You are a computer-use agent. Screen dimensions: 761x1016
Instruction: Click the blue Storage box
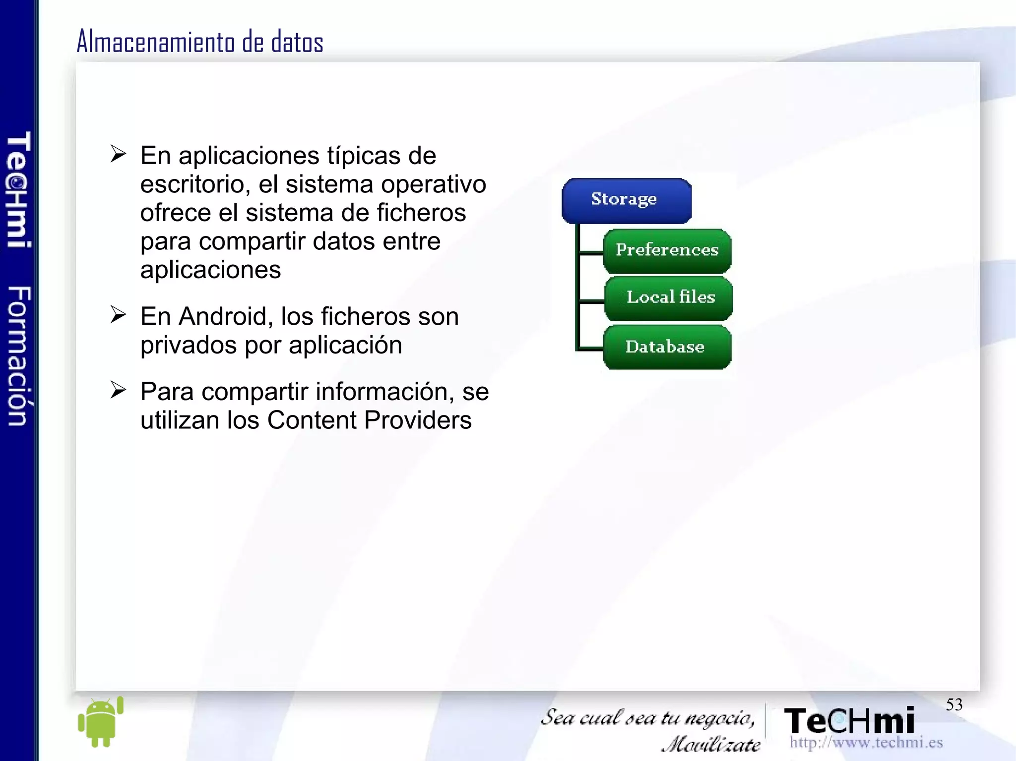click(x=626, y=200)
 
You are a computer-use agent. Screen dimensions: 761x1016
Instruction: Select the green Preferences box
click(x=667, y=250)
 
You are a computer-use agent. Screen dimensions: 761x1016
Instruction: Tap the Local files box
click(x=669, y=298)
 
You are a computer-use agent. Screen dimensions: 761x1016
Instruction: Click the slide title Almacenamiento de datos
click(x=200, y=42)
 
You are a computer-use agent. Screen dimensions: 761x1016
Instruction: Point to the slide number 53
click(x=953, y=704)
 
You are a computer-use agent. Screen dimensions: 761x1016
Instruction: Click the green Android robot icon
click(x=101, y=721)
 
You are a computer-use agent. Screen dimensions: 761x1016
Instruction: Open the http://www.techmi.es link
click(x=866, y=743)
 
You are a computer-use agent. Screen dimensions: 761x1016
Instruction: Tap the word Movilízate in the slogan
click(x=710, y=744)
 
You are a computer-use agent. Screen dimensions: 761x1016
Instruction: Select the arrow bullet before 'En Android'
click(x=118, y=315)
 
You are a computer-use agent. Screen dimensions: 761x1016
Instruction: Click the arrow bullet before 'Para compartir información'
click(x=118, y=390)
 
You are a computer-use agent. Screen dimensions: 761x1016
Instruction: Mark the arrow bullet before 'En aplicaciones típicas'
click(x=118, y=154)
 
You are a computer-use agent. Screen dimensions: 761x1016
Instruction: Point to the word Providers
click(x=418, y=420)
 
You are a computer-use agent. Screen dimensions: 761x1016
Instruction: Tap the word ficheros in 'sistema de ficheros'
click(x=421, y=213)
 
